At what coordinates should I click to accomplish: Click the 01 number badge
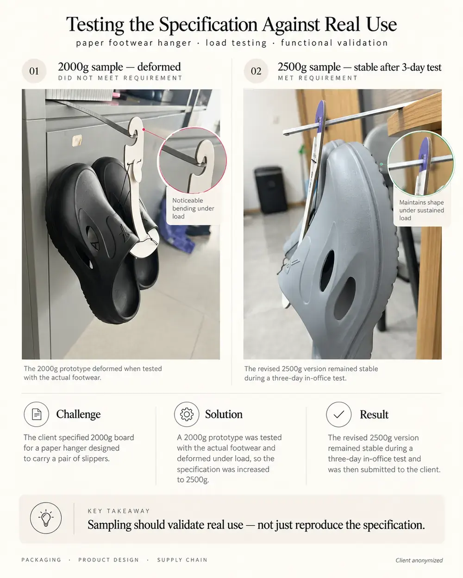point(34,71)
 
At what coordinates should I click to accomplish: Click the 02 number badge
point(256,71)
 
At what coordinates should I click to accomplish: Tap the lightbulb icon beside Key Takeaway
point(46,517)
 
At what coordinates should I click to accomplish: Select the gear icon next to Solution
point(187,414)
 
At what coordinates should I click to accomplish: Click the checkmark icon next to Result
point(338,414)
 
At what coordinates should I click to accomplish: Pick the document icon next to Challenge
point(36,414)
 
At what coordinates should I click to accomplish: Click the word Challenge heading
point(78,414)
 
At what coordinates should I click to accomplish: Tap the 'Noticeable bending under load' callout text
point(193,208)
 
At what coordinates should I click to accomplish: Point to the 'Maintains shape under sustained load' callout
point(421,210)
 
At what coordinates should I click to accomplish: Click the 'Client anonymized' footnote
point(419,560)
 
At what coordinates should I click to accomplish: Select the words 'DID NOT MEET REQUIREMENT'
point(120,78)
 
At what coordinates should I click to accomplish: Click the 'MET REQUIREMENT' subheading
point(317,78)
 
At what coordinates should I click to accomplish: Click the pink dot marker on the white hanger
point(144,130)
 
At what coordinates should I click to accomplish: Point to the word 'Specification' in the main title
point(208,25)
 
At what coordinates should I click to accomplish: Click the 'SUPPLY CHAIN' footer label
point(182,560)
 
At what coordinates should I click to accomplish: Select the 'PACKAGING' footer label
point(41,560)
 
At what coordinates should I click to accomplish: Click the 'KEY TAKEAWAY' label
point(119,511)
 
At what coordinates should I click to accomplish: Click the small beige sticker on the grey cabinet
point(77,140)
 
